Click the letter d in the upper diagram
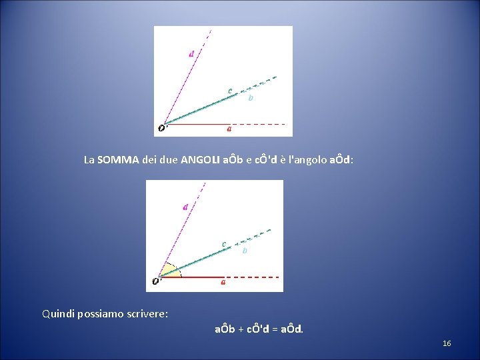[191, 54]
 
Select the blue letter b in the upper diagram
[251, 98]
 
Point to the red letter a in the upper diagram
[229, 129]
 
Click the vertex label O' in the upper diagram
[163, 128]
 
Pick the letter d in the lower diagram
[185, 207]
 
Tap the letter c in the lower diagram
[224, 243]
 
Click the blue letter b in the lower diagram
[245, 251]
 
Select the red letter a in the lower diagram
[223, 282]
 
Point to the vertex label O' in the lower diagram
[156, 281]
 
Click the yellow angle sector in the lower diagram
[169, 271]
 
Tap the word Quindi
[58, 313]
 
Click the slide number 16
[447, 343]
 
